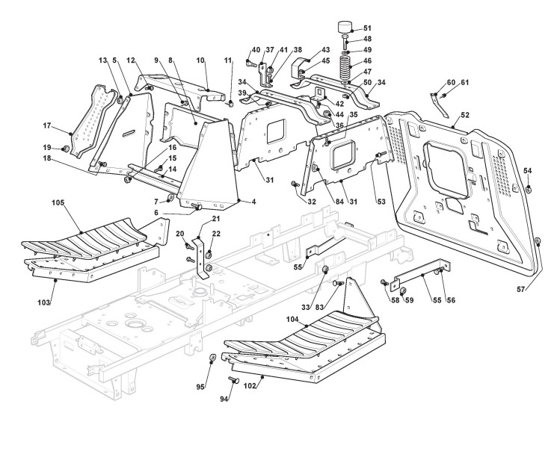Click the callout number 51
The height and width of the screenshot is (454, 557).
tap(367, 28)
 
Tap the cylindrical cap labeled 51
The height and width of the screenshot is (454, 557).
tap(345, 28)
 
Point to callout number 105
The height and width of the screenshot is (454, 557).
tap(58, 203)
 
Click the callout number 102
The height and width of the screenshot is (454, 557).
tap(250, 386)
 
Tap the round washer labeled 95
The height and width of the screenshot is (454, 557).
tap(212, 356)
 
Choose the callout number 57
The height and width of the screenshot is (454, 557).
tap(520, 290)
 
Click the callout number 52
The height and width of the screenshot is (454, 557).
tap(465, 115)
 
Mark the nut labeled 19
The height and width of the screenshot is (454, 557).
tap(65, 149)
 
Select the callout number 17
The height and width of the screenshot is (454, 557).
tap(47, 126)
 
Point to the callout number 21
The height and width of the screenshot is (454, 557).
tap(216, 219)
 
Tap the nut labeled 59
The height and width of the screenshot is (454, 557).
tap(403, 291)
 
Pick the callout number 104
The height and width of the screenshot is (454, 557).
tap(292, 320)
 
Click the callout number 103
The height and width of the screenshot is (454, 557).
tap(43, 302)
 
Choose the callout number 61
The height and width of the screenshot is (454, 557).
tap(465, 83)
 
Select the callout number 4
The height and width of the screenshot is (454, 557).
tap(253, 202)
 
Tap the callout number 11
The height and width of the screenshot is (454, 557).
tap(228, 60)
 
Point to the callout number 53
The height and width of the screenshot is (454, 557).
tap(381, 202)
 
